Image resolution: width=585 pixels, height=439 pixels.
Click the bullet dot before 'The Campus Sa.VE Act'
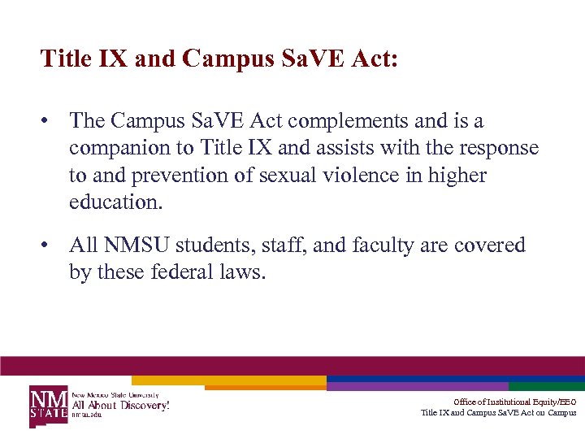pyautogui.click(x=48, y=122)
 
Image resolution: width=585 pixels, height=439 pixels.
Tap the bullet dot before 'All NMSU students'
pyautogui.click(x=48, y=246)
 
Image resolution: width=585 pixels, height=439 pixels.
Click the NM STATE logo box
pyautogui.click(x=49, y=404)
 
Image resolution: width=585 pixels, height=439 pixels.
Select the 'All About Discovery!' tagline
pyautogui.click(x=121, y=404)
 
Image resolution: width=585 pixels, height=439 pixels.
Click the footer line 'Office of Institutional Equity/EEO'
pyautogui.click(x=514, y=402)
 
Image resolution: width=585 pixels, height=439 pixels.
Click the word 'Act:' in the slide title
pyautogui.click(x=372, y=59)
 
